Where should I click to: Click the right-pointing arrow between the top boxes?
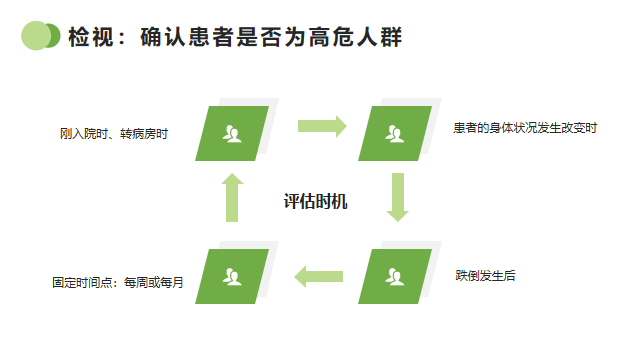pyautogui.click(x=322, y=126)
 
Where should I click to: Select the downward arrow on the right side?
pyautogui.click(x=398, y=196)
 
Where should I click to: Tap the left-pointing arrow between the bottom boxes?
pyautogui.click(x=318, y=276)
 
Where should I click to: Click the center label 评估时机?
pyautogui.click(x=315, y=202)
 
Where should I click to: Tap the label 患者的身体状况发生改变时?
pyautogui.click(x=524, y=128)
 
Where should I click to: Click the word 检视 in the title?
pyautogui.click(x=87, y=38)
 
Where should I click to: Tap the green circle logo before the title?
pyautogui.click(x=40, y=36)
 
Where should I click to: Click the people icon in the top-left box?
pyautogui.click(x=233, y=132)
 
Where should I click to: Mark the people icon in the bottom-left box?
pyautogui.click(x=233, y=275)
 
